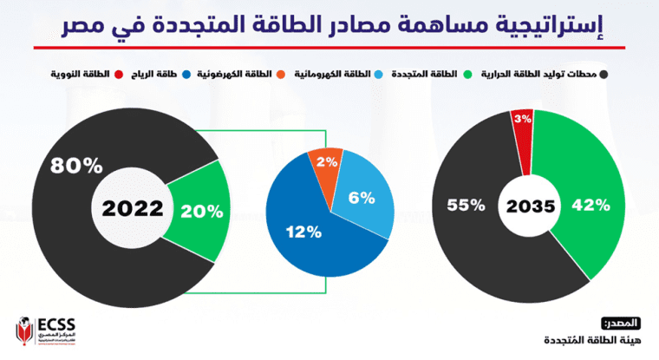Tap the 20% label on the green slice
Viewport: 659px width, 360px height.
coord(201,210)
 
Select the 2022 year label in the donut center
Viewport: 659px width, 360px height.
coord(132,208)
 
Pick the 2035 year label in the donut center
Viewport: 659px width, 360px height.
coord(530,206)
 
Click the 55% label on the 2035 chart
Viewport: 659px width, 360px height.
coord(465,206)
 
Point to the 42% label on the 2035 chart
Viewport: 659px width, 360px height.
coord(591,206)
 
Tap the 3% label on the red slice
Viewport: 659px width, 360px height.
coord(522,119)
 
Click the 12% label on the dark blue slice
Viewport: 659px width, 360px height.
coord(303,232)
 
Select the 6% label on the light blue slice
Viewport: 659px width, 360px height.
coord(362,198)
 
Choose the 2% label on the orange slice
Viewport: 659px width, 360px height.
coord(327,162)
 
